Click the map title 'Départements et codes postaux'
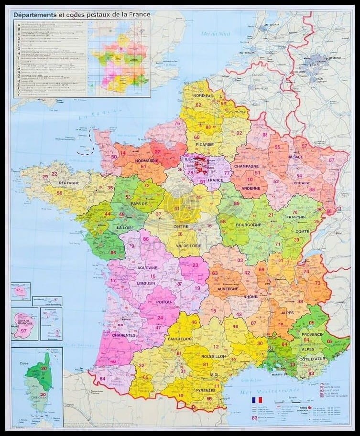(82, 15)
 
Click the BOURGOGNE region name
(248, 224)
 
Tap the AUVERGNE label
(228, 289)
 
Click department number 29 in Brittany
(45, 177)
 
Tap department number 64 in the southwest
(102, 379)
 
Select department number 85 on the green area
(113, 252)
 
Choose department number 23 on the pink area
(195, 265)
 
